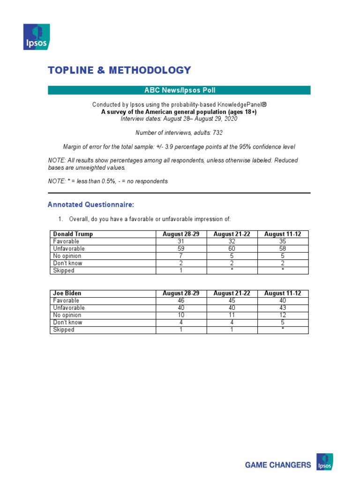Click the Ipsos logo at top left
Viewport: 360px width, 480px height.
click(x=37, y=37)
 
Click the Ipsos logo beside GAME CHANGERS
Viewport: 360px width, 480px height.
click(x=324, y=462)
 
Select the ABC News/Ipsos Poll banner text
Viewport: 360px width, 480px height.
click(x=179, y=90)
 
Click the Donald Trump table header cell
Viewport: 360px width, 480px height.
click(x=73, y=234)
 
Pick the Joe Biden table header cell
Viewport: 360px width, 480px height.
click(x=67, y=293)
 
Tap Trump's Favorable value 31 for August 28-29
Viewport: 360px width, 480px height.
click(x=181, y=241)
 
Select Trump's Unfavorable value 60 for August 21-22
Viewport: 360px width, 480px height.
click(x=232, y=249)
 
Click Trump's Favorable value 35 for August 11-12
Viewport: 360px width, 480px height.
click(x=283, y=241)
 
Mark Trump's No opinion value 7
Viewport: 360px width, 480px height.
click(x=181, y=256)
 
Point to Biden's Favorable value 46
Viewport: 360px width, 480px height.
click(x=181, y=300)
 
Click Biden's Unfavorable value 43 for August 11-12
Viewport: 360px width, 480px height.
click(x=283, y=308)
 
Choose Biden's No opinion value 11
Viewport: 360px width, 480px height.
click(x=232, y=315)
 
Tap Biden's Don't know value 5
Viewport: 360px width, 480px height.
click(x=283, y=322)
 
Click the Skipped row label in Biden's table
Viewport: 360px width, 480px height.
click(x=64, y=330)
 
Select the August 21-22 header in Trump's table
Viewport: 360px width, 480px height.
click(x=232, y=234)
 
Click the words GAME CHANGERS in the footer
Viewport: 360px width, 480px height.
click(x=278, y=465)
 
